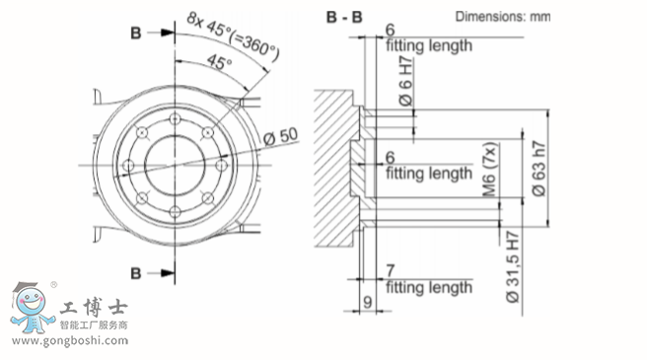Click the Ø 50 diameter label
pos(280,136)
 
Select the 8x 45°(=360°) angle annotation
pos(233,36)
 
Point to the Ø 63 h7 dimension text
pos(539,169)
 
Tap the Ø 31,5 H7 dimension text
pos(513,267)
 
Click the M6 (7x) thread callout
pos(489,170)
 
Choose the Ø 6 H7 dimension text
pos(406,81)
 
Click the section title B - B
pos(344,18)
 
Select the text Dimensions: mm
pos(503,17)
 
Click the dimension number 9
pos(368,302)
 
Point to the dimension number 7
pos(391,271)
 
